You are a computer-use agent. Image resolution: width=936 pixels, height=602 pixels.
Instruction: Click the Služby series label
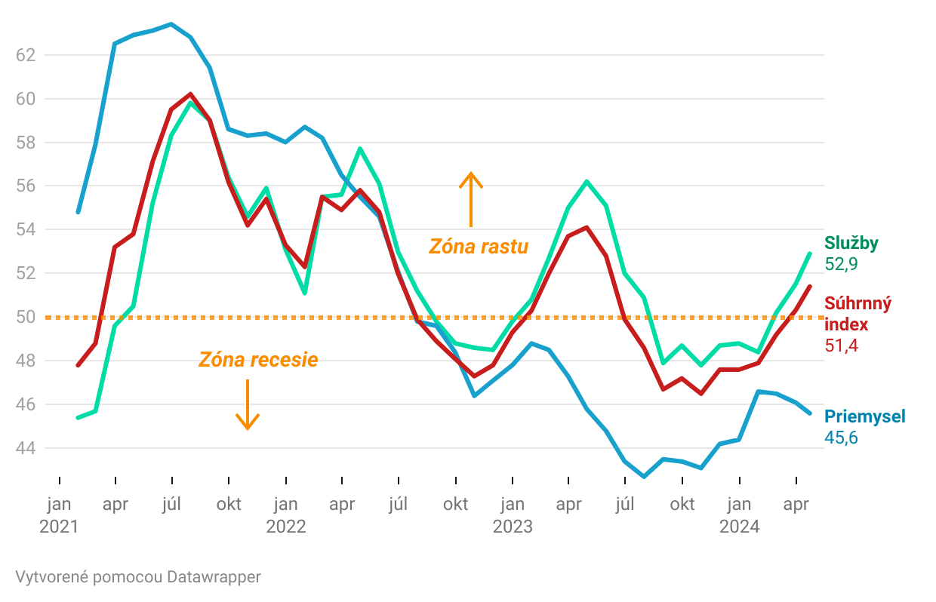click(851, 242)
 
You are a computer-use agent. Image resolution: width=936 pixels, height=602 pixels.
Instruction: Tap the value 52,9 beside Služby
click(841, 264)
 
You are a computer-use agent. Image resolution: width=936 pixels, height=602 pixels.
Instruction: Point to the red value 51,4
click(841, 346)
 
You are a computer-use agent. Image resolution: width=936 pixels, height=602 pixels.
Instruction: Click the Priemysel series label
click(864, 416)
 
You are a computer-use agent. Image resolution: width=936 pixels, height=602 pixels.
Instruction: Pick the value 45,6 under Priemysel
click(841, 438)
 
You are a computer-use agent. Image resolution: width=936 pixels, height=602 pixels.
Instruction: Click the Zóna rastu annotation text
click(479, 247)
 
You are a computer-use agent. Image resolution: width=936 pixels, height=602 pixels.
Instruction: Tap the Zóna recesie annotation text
click(258, 360)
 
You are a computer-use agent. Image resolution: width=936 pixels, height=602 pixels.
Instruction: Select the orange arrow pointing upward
click(471, 198)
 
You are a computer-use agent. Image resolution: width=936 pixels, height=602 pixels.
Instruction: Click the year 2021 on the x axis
click(59, 527)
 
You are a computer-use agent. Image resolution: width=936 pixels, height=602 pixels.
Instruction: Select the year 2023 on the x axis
click(513, 527)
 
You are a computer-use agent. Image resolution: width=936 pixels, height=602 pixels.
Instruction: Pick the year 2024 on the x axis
click(739, 527)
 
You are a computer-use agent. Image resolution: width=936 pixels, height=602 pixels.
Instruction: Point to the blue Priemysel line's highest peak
click(171, 24)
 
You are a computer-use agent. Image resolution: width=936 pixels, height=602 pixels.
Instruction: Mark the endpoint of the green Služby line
click(810, 253)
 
